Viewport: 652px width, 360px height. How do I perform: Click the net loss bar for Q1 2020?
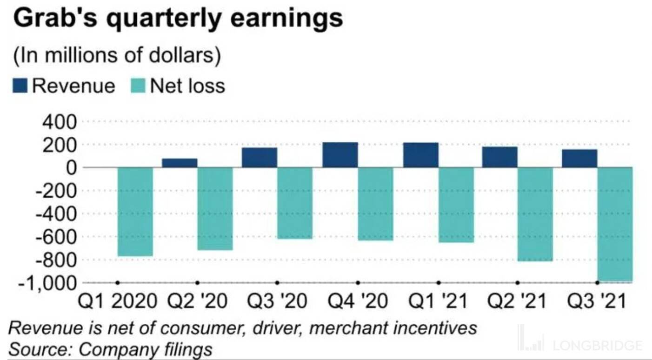[135, 212]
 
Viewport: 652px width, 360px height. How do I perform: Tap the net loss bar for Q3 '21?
[615, 224]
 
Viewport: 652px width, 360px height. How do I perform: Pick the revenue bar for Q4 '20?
[340, 155]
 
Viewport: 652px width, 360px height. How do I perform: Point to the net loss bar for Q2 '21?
[535, 214]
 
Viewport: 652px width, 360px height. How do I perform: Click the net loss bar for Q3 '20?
[295, 203]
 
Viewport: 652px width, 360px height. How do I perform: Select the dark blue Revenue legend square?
[20, 86]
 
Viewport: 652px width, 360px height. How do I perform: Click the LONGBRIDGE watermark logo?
[581, 344]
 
